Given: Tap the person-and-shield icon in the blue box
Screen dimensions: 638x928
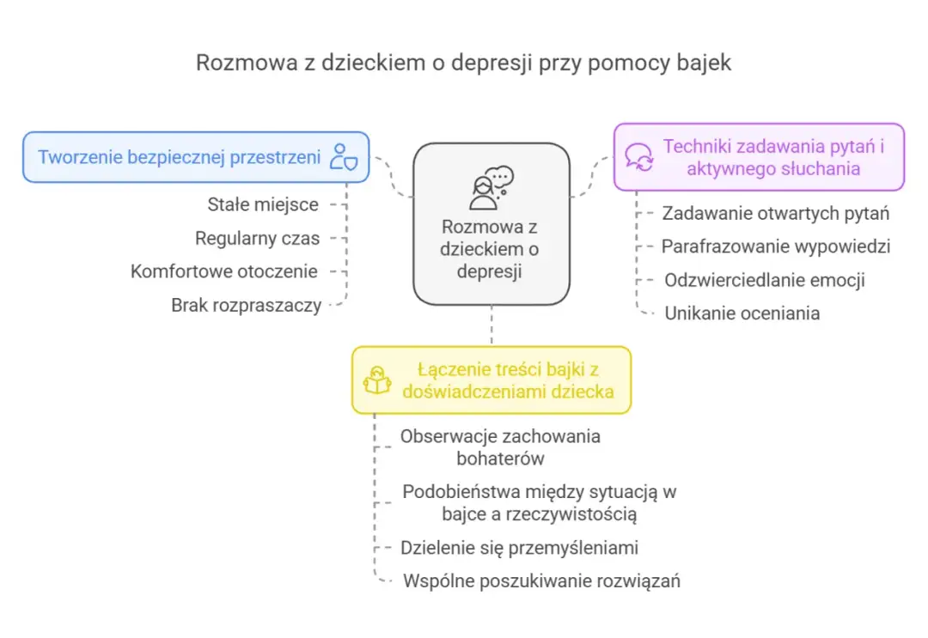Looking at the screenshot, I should pos(343,158).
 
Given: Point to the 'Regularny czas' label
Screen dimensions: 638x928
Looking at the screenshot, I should pos(257,238).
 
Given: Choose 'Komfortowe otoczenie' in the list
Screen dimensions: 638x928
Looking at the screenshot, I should pos(223,271).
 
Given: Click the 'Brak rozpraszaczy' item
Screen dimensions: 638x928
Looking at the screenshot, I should pos(246,305).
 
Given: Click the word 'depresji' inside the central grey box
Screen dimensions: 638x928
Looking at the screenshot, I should pos(491,270).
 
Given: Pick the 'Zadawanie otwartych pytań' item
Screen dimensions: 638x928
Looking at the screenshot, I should pos(775,213).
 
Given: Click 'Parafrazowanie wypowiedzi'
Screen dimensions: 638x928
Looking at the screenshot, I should pos(775,246).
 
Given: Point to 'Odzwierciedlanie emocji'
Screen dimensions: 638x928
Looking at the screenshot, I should pos(764,280).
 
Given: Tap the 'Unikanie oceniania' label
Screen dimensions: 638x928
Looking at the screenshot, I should pos(742,313).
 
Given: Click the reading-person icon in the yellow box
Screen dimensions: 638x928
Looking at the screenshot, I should pos(378,380).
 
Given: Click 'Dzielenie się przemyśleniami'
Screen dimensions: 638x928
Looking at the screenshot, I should pos(519,548).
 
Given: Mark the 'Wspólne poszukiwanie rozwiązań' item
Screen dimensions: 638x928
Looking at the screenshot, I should pos(541,581).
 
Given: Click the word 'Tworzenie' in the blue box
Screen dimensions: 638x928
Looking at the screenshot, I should pos(79,157).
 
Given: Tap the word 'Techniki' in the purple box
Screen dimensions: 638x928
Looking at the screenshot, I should pos(696,146).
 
